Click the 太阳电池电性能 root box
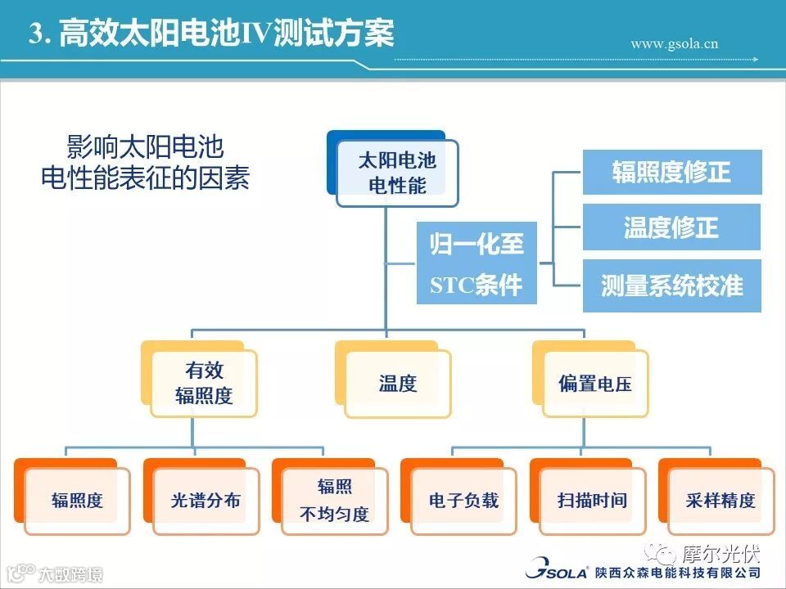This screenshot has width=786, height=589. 397,172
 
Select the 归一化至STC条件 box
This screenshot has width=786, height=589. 477,263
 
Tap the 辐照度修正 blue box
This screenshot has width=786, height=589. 671,172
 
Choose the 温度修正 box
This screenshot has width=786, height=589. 671,227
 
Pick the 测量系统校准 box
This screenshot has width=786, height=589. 671,285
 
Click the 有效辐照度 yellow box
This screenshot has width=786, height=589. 204,383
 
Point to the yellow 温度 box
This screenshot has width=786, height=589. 398,383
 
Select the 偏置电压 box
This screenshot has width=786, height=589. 595,383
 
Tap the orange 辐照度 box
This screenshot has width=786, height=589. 77,500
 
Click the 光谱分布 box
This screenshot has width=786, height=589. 206,500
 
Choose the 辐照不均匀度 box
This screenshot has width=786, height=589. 334,500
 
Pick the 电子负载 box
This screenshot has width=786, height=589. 463,500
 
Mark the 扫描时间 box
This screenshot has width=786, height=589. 592,500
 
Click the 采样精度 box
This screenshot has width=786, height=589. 720,500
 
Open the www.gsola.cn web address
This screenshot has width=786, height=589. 674,43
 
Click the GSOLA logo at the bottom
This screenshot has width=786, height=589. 556,569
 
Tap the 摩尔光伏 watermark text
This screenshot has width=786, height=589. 720,553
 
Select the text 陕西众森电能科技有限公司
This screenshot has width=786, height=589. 678,571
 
